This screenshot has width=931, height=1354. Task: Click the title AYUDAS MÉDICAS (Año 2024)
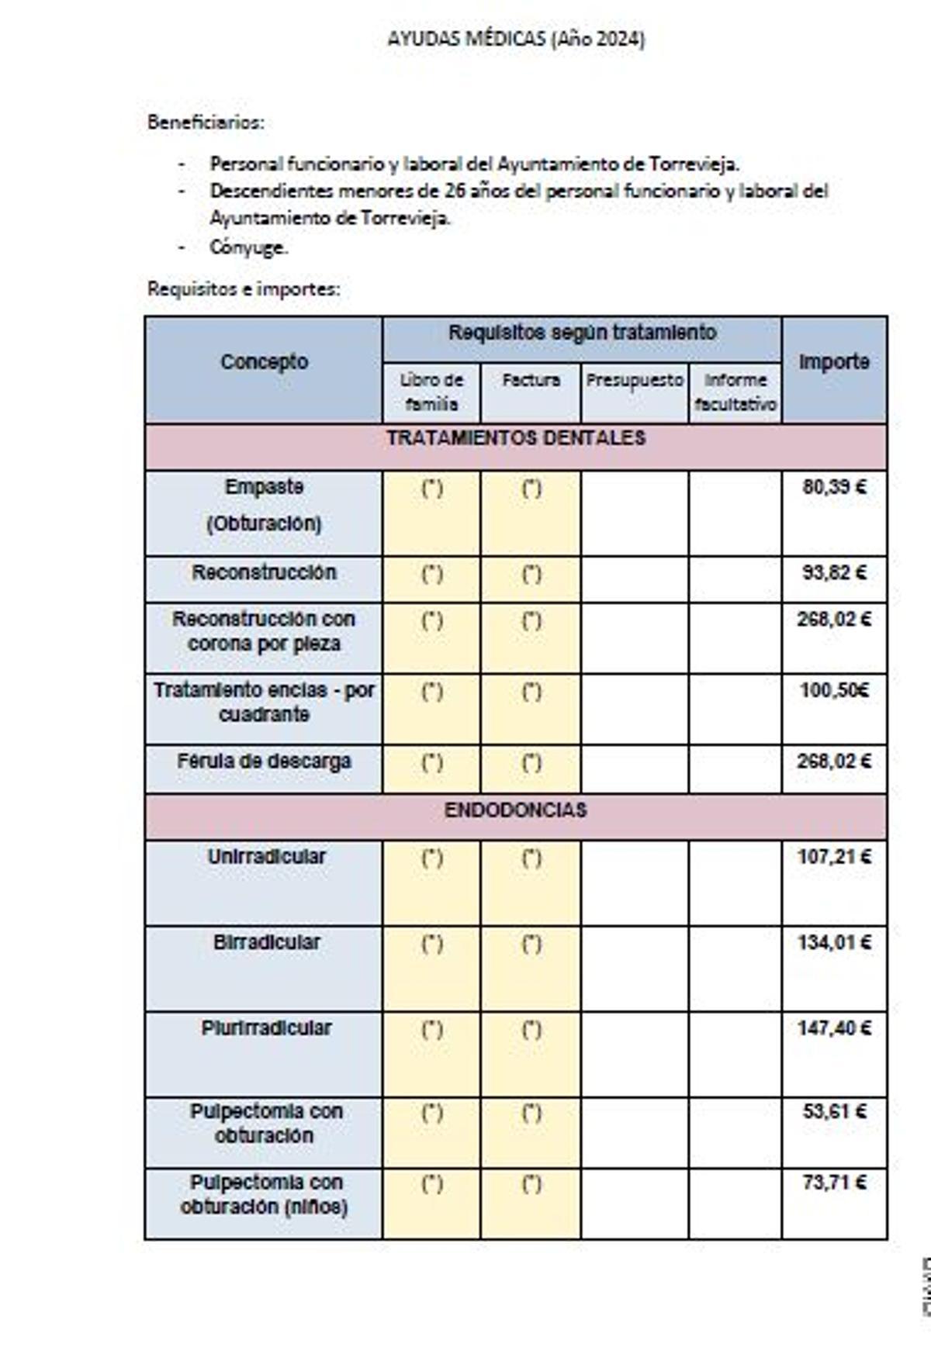[x=516, y=40]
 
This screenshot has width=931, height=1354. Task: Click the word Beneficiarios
[x=206, y=123]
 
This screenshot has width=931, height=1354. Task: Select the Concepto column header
[x=264, y=362]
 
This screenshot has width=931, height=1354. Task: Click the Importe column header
[x=834, y=362]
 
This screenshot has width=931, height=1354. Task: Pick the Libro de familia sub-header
[x=431, y=392]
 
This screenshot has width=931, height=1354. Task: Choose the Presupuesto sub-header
[x=635, y=381]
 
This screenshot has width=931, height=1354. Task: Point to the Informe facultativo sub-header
[x=735, y=392]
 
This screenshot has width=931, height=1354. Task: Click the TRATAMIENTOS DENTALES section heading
[x=516, y=439]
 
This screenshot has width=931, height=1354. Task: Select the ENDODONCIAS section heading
[x=516, y=811]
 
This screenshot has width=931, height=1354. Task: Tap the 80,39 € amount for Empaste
[x=834, y=487]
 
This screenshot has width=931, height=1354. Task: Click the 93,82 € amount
[x=834, y=573]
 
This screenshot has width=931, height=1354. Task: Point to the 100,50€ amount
[x=834, y=690]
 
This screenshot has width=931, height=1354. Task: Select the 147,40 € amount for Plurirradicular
[x=834, y=1028]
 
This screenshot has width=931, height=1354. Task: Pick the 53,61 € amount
[x=834, y=1112]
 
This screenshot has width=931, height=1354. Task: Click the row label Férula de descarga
[x=264, y=762]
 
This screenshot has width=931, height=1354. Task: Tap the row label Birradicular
[x=266, y=943]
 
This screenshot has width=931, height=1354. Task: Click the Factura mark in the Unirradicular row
[x=531, y=858]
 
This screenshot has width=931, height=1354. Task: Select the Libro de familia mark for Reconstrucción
[x=431, y=575]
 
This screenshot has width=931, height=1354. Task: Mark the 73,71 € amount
[x=834, y=1183]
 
